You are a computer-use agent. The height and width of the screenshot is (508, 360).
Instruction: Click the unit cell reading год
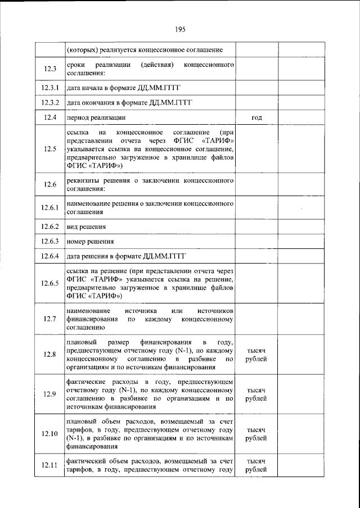[x=256, y=118]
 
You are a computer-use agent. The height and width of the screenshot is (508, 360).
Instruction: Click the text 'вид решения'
[x=86, y=227]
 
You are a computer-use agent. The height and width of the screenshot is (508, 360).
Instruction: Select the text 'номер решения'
[x=90, y=242]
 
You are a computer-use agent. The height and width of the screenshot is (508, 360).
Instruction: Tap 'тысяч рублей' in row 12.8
[x=256, y=354]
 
